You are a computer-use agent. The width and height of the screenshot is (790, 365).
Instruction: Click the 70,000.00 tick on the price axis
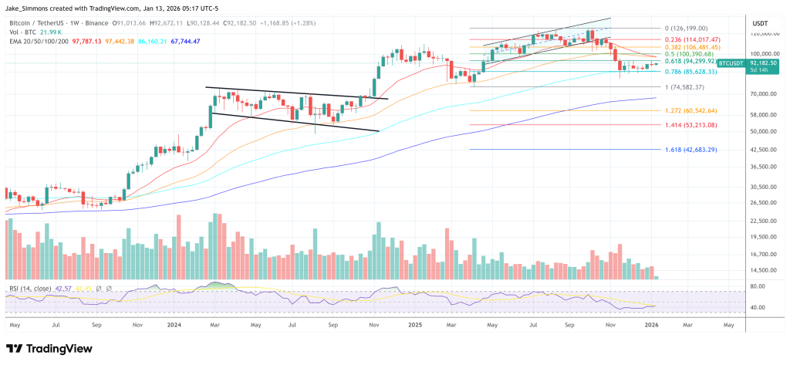point(763,94)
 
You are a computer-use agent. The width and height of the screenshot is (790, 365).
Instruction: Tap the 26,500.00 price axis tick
point(763,203)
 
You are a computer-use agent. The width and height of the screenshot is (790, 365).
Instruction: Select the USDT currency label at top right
point(760,24)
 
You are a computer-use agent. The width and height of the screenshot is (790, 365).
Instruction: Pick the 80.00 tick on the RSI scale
point(758,286)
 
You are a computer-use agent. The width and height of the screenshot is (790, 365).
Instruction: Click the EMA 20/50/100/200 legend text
point(35,40)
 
